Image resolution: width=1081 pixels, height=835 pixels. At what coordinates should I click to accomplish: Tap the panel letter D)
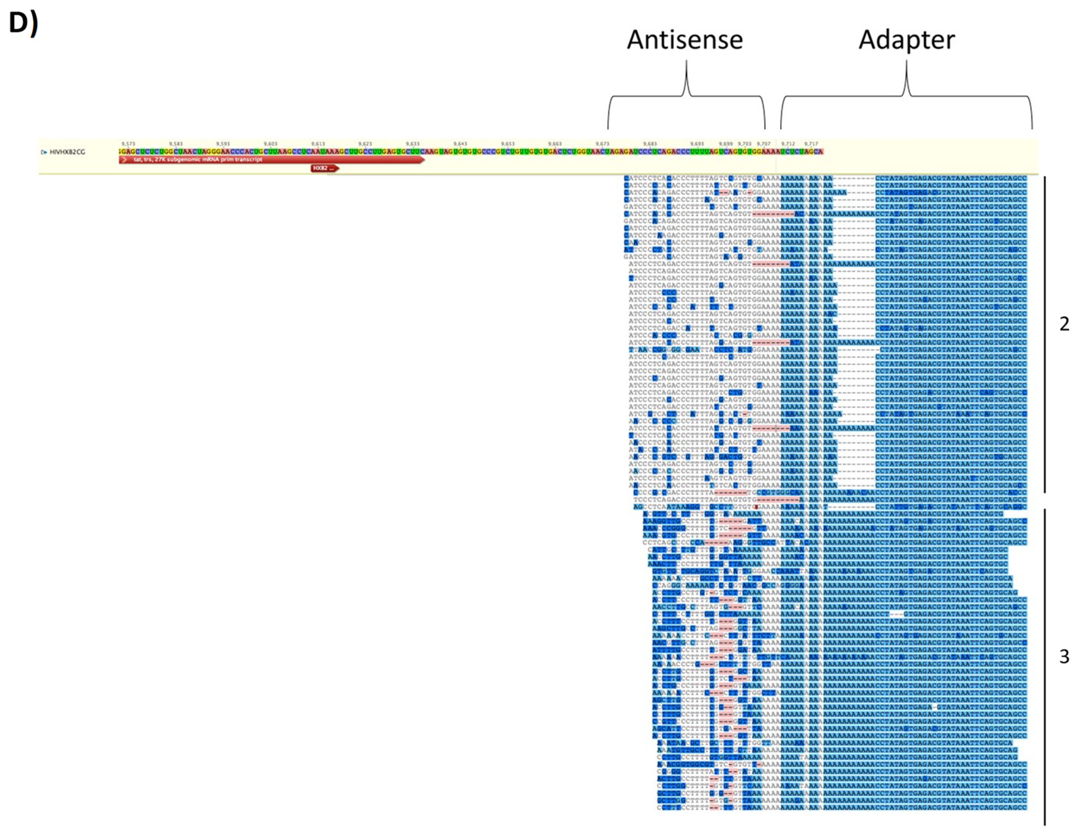point(23,23)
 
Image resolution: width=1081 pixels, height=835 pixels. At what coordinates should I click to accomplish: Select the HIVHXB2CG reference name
point(67,152)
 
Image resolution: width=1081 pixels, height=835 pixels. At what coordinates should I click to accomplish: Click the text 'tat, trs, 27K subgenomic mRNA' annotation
point(198,159)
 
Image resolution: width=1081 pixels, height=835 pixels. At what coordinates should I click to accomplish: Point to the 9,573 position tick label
point(128,143)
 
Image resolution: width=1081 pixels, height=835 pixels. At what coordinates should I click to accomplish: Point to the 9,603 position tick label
point(271,143)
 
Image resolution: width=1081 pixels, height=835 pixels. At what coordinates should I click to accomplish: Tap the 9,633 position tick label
point(413,143)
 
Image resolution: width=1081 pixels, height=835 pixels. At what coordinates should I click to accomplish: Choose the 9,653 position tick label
point(508,143)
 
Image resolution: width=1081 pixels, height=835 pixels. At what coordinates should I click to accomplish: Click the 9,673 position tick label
point(602,143)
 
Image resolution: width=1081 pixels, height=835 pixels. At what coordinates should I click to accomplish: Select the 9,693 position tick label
point(697,143)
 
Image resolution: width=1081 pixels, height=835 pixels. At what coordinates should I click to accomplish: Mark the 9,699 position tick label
point(726,143)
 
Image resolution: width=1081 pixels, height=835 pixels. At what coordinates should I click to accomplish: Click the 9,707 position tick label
point(764,143)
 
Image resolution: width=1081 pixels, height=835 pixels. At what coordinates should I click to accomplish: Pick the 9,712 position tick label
point(788,143)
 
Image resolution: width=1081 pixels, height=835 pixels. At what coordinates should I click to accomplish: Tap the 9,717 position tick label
point(811,143)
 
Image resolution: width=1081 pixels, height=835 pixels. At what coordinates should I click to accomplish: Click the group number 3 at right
point(1064,657)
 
